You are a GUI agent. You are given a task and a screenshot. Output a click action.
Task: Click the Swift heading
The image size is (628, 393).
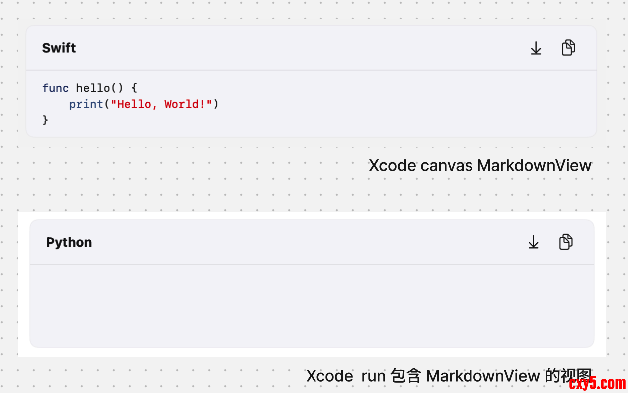click(59, 48)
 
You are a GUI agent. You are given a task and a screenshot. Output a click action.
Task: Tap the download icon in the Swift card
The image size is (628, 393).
click(536, 48)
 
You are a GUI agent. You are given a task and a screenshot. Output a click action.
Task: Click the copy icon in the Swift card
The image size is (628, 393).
click(568, 48)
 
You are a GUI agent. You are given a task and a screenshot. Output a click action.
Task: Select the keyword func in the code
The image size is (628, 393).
click(55, 88)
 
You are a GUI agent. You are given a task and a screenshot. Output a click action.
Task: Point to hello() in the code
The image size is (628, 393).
click(99, 88)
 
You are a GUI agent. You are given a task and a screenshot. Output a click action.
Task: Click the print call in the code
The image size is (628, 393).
click(86, 104)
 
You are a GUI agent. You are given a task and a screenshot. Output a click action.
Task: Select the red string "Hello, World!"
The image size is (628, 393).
click(161, 104)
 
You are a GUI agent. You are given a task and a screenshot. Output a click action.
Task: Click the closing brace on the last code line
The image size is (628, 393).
click(45, 120)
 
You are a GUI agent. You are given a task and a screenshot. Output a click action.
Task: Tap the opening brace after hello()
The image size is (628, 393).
click(134, 88)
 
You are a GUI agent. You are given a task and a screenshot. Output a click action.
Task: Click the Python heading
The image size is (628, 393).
click(69, 242)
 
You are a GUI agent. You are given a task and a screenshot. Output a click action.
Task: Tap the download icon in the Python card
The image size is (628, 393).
click(533, 242)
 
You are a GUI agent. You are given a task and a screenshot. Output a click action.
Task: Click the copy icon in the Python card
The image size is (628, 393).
click(566, 242)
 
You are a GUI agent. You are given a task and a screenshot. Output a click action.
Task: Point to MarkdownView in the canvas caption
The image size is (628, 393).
click(534, 166)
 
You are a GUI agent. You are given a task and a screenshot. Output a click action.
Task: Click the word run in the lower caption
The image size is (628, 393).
click(373, 376)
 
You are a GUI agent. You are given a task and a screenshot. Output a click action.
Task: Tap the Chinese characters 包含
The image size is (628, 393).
click(406, 376)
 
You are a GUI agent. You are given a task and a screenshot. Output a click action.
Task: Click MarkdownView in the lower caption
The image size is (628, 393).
click(483, 376)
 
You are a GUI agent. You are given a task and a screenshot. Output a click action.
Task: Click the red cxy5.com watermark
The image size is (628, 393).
click(597, 383)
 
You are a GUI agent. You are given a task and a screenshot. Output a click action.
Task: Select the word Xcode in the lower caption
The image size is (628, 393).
click(329, 376)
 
